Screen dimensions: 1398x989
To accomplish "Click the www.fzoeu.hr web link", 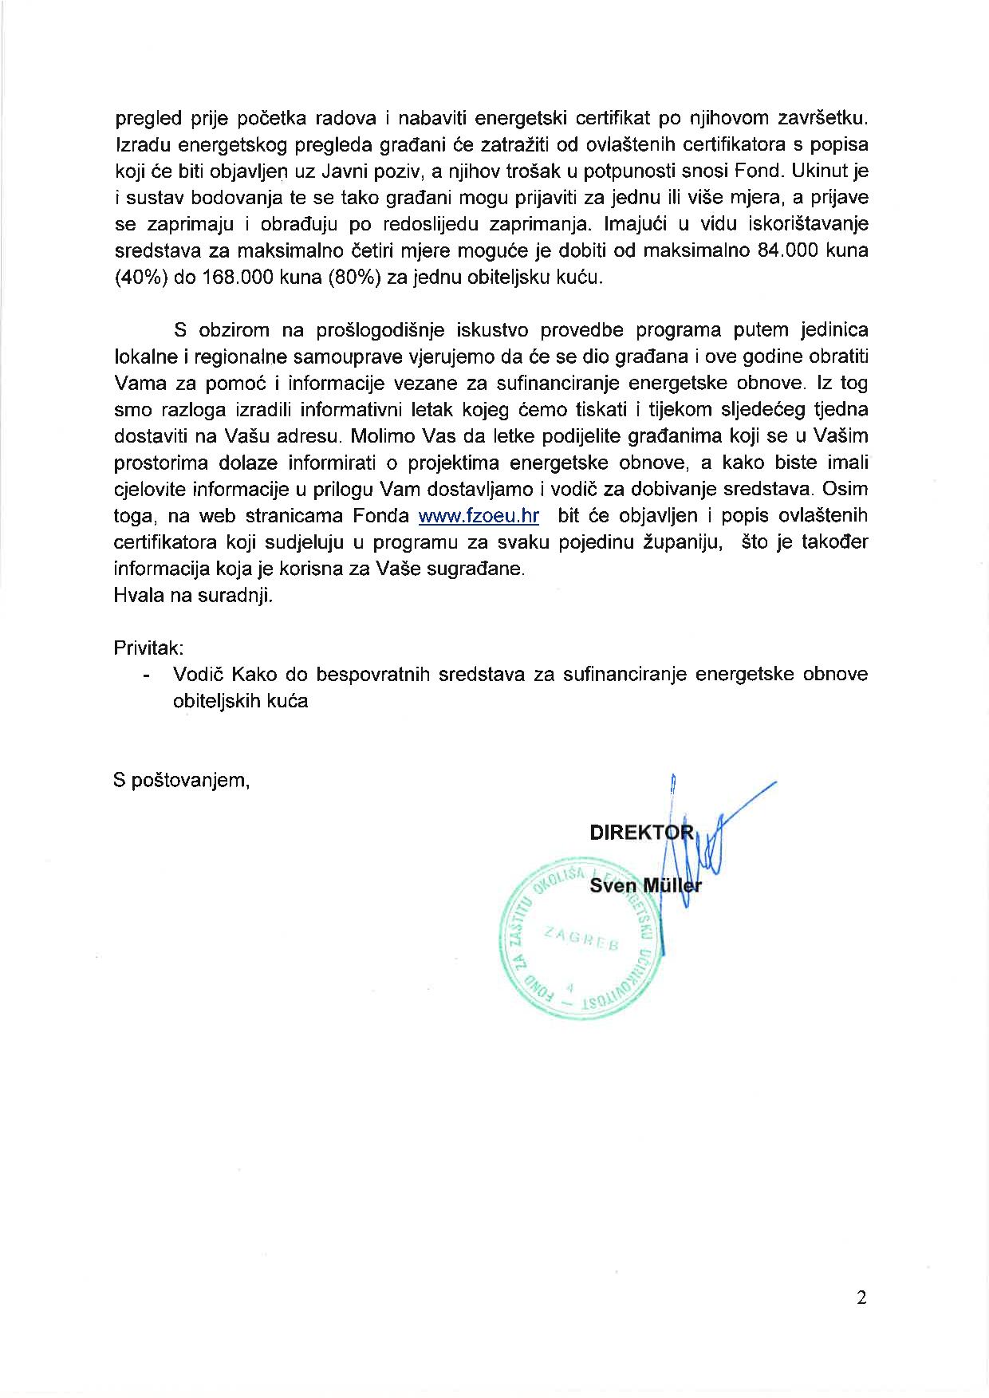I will [x=479, y=516].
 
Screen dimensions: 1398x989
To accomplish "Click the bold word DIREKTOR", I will [x=642, y=833].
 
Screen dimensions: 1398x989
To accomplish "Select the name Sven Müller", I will [x=645, y=886].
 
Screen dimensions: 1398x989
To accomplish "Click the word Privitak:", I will [x=149, y=648].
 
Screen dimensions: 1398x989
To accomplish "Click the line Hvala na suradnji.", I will [x=193, y=596].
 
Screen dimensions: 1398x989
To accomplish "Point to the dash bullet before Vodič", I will [x=146, y=675].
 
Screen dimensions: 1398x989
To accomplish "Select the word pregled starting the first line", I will [x=145, y=119].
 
